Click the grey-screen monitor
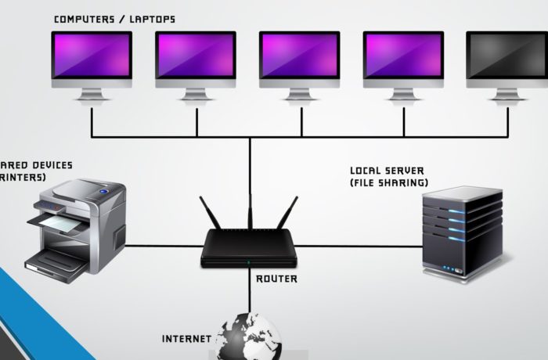point(507,56)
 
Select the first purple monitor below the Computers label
point(92,56)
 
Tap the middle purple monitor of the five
point(299,56)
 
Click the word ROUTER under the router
point(276,279)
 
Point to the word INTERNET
point(186,339)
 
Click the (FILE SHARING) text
point(389,182)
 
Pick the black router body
point(250,248)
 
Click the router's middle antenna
point(250,207)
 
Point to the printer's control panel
point(99,190)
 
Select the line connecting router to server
point(360,247)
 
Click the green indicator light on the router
point(250,262)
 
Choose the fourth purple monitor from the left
point(403,56)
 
